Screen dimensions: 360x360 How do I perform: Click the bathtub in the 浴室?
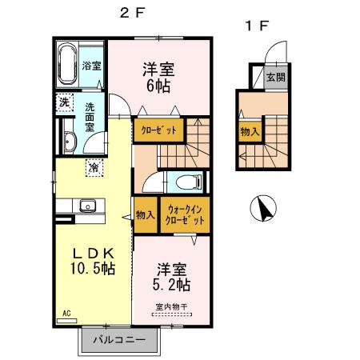point(67,65)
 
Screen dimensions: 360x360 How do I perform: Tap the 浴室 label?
point(91,65)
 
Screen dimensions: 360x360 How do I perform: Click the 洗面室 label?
point(95,115)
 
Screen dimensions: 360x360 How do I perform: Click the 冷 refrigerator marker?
point(94,168)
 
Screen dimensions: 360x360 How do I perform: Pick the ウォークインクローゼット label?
point(185,215)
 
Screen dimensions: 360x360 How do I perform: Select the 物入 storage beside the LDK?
point(145,216)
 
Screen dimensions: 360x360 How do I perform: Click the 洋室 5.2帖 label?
point(172,276)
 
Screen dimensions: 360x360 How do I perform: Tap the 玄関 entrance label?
point(275,78)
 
